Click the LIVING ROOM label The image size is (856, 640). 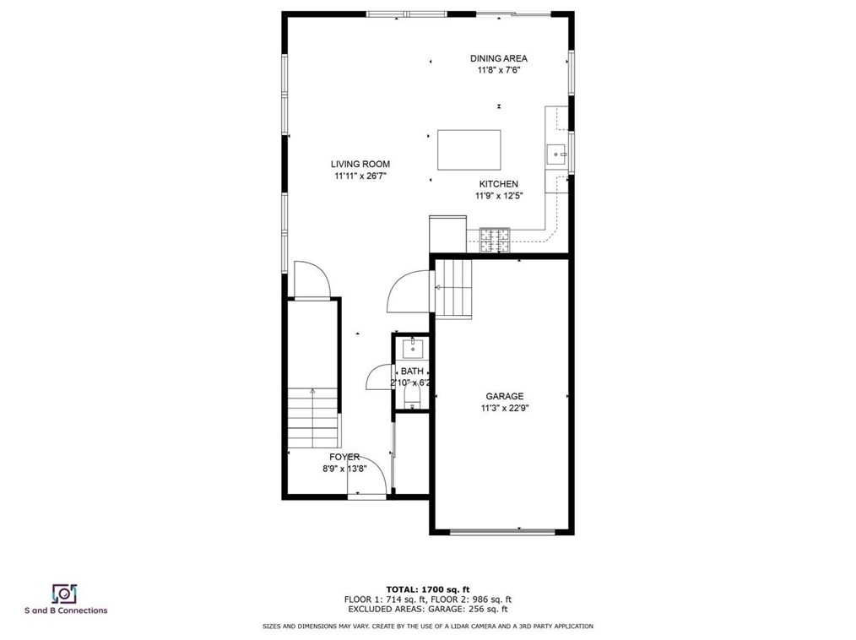pos(360,165)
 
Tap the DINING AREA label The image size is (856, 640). pos(499,58)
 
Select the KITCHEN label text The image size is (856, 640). pos(498,184)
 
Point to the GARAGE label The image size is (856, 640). pos(504,396)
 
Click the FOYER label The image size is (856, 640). pos(344,457)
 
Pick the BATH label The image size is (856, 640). pos(412,372)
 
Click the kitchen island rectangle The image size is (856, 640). pos(469,150)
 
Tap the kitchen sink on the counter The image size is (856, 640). pos(557,154)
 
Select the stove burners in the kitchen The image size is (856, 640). pos(496,241)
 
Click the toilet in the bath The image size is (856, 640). pos(411,402)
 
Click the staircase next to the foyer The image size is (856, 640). pos(312,417)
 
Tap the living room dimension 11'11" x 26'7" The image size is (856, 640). pos(360,176)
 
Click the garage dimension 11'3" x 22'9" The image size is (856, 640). pos(504,408)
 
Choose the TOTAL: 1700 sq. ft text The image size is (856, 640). pos(428,588)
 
